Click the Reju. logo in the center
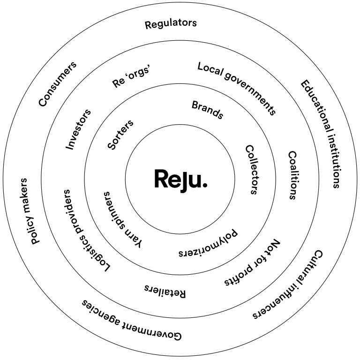[x=180, y=179]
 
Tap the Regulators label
[x=171, y=24]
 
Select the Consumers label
[x=58, y=84]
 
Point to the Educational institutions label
[x=320, y=134]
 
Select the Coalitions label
[x=292, y=175]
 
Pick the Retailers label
[x=165, y=291]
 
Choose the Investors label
[x=78, y=129]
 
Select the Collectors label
[x=252, y=169]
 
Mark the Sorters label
[x=120, y=135]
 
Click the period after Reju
[x=204, y=186]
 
